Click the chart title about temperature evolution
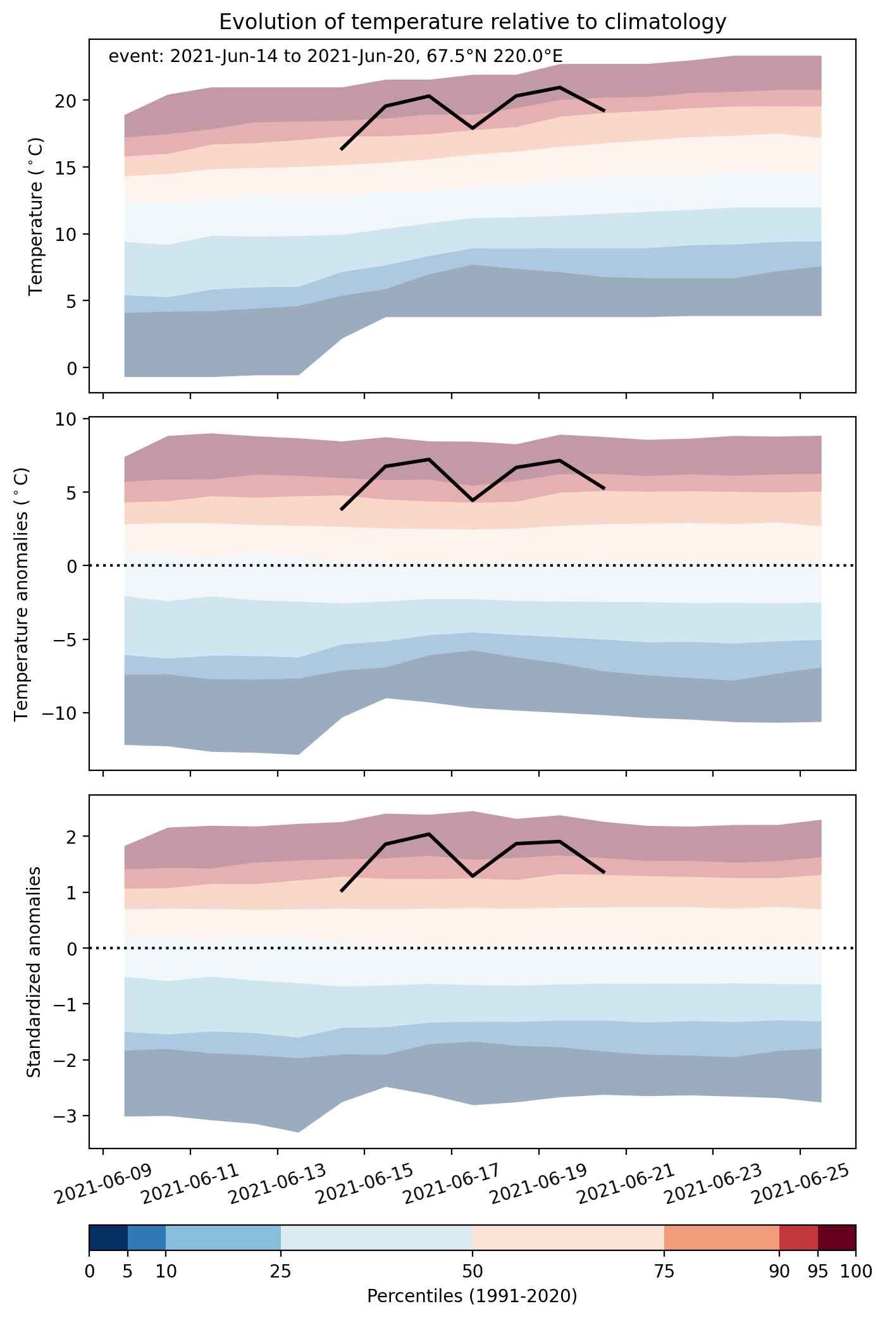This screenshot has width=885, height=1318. (472, 22)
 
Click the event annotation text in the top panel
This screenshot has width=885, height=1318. (335, 56)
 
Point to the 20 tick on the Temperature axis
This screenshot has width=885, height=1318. (70, 101)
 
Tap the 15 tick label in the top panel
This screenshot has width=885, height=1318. (70, 168)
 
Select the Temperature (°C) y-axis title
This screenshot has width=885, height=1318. (36, 216)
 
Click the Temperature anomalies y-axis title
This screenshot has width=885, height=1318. (22, 593)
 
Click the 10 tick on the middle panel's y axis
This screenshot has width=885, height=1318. (70, 419)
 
